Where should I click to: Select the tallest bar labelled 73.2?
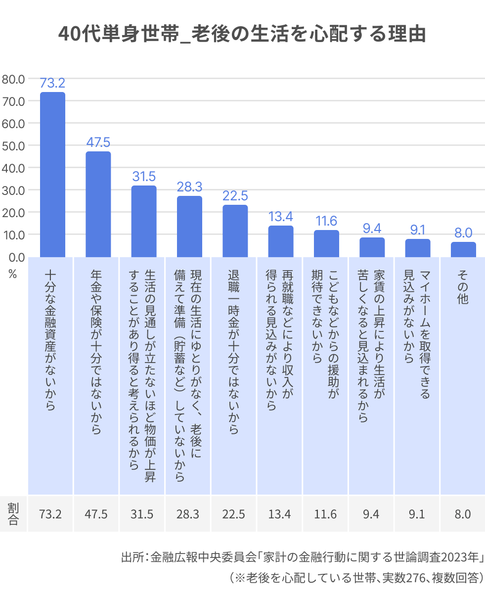[52, 174]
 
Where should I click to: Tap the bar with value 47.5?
[98, 204]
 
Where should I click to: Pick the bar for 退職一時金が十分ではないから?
[235, 231]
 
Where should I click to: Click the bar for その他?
[463, 249]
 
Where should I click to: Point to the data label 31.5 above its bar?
[144, 176]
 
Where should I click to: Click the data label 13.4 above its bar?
[281, 216]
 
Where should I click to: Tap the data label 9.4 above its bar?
[372, 228]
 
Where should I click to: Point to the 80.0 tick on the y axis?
[13, 79]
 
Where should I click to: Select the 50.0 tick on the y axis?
[13, 145]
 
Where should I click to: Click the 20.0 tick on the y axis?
[13, 212]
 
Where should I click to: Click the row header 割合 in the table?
[13, 514]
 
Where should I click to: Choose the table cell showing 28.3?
[188, 514]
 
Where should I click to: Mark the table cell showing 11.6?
[325, 514]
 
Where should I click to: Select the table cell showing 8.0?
[463, 514]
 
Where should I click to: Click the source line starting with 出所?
[302, 557]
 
